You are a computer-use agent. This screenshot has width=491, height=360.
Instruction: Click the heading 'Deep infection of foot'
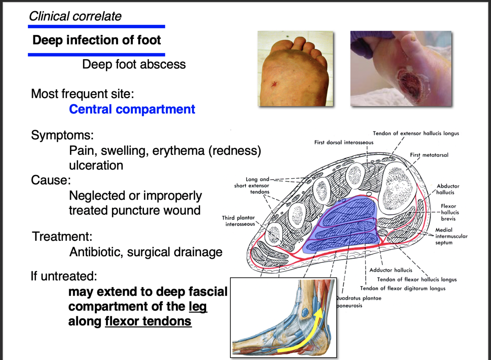[x=96, y=40]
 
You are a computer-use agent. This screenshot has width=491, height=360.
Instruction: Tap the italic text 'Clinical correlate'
[x=75, y=16]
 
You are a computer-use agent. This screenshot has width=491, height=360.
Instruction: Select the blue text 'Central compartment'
[x=132, y=109]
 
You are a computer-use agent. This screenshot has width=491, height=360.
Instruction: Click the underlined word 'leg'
[x=198, y=307]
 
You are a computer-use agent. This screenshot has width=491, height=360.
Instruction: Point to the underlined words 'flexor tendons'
[x=148, y=321]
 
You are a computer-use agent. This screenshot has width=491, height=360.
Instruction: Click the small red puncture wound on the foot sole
[x=274, y=85]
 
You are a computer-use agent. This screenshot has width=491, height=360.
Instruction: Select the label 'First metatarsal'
[x=429, y=155]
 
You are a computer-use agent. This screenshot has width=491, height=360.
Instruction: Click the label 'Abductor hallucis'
[x=448, y=189]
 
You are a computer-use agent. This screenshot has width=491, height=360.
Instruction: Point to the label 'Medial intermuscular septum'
[x=451, y=236]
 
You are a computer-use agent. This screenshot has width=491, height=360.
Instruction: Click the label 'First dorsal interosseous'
[x=343, y=142]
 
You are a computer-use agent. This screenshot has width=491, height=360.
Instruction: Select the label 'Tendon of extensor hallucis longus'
[x=416, y=133]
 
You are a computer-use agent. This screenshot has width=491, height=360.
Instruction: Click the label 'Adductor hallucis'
[x=391, y=270]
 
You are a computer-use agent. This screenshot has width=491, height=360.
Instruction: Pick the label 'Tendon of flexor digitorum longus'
[x=402, y=288]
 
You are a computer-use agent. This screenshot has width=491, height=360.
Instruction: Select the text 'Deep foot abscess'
[x=134, y=64]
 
